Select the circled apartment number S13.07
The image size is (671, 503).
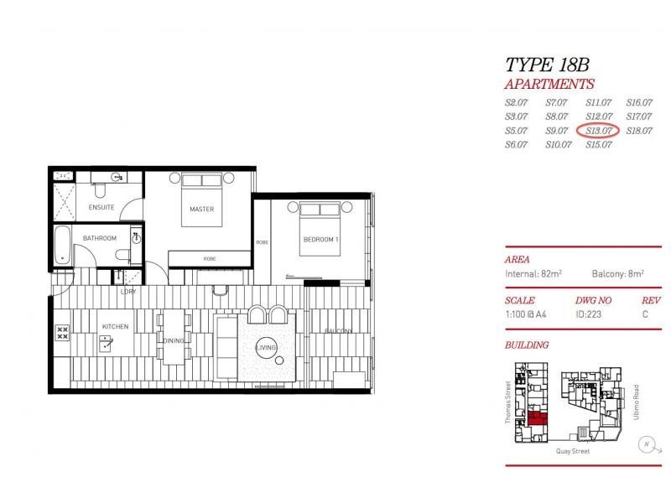tap(598, 130)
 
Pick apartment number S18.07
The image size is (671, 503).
tap(638, 130)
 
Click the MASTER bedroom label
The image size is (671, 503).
tap(201, 209)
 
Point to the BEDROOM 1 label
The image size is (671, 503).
tap(320, 240)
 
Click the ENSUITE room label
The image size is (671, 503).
tap(101, 207)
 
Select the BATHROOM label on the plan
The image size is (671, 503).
tap(99, 239)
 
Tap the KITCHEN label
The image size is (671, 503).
tap(114, 326)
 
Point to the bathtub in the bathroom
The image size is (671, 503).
tap(63, 246)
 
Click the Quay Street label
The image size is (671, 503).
tap(573, 451)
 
